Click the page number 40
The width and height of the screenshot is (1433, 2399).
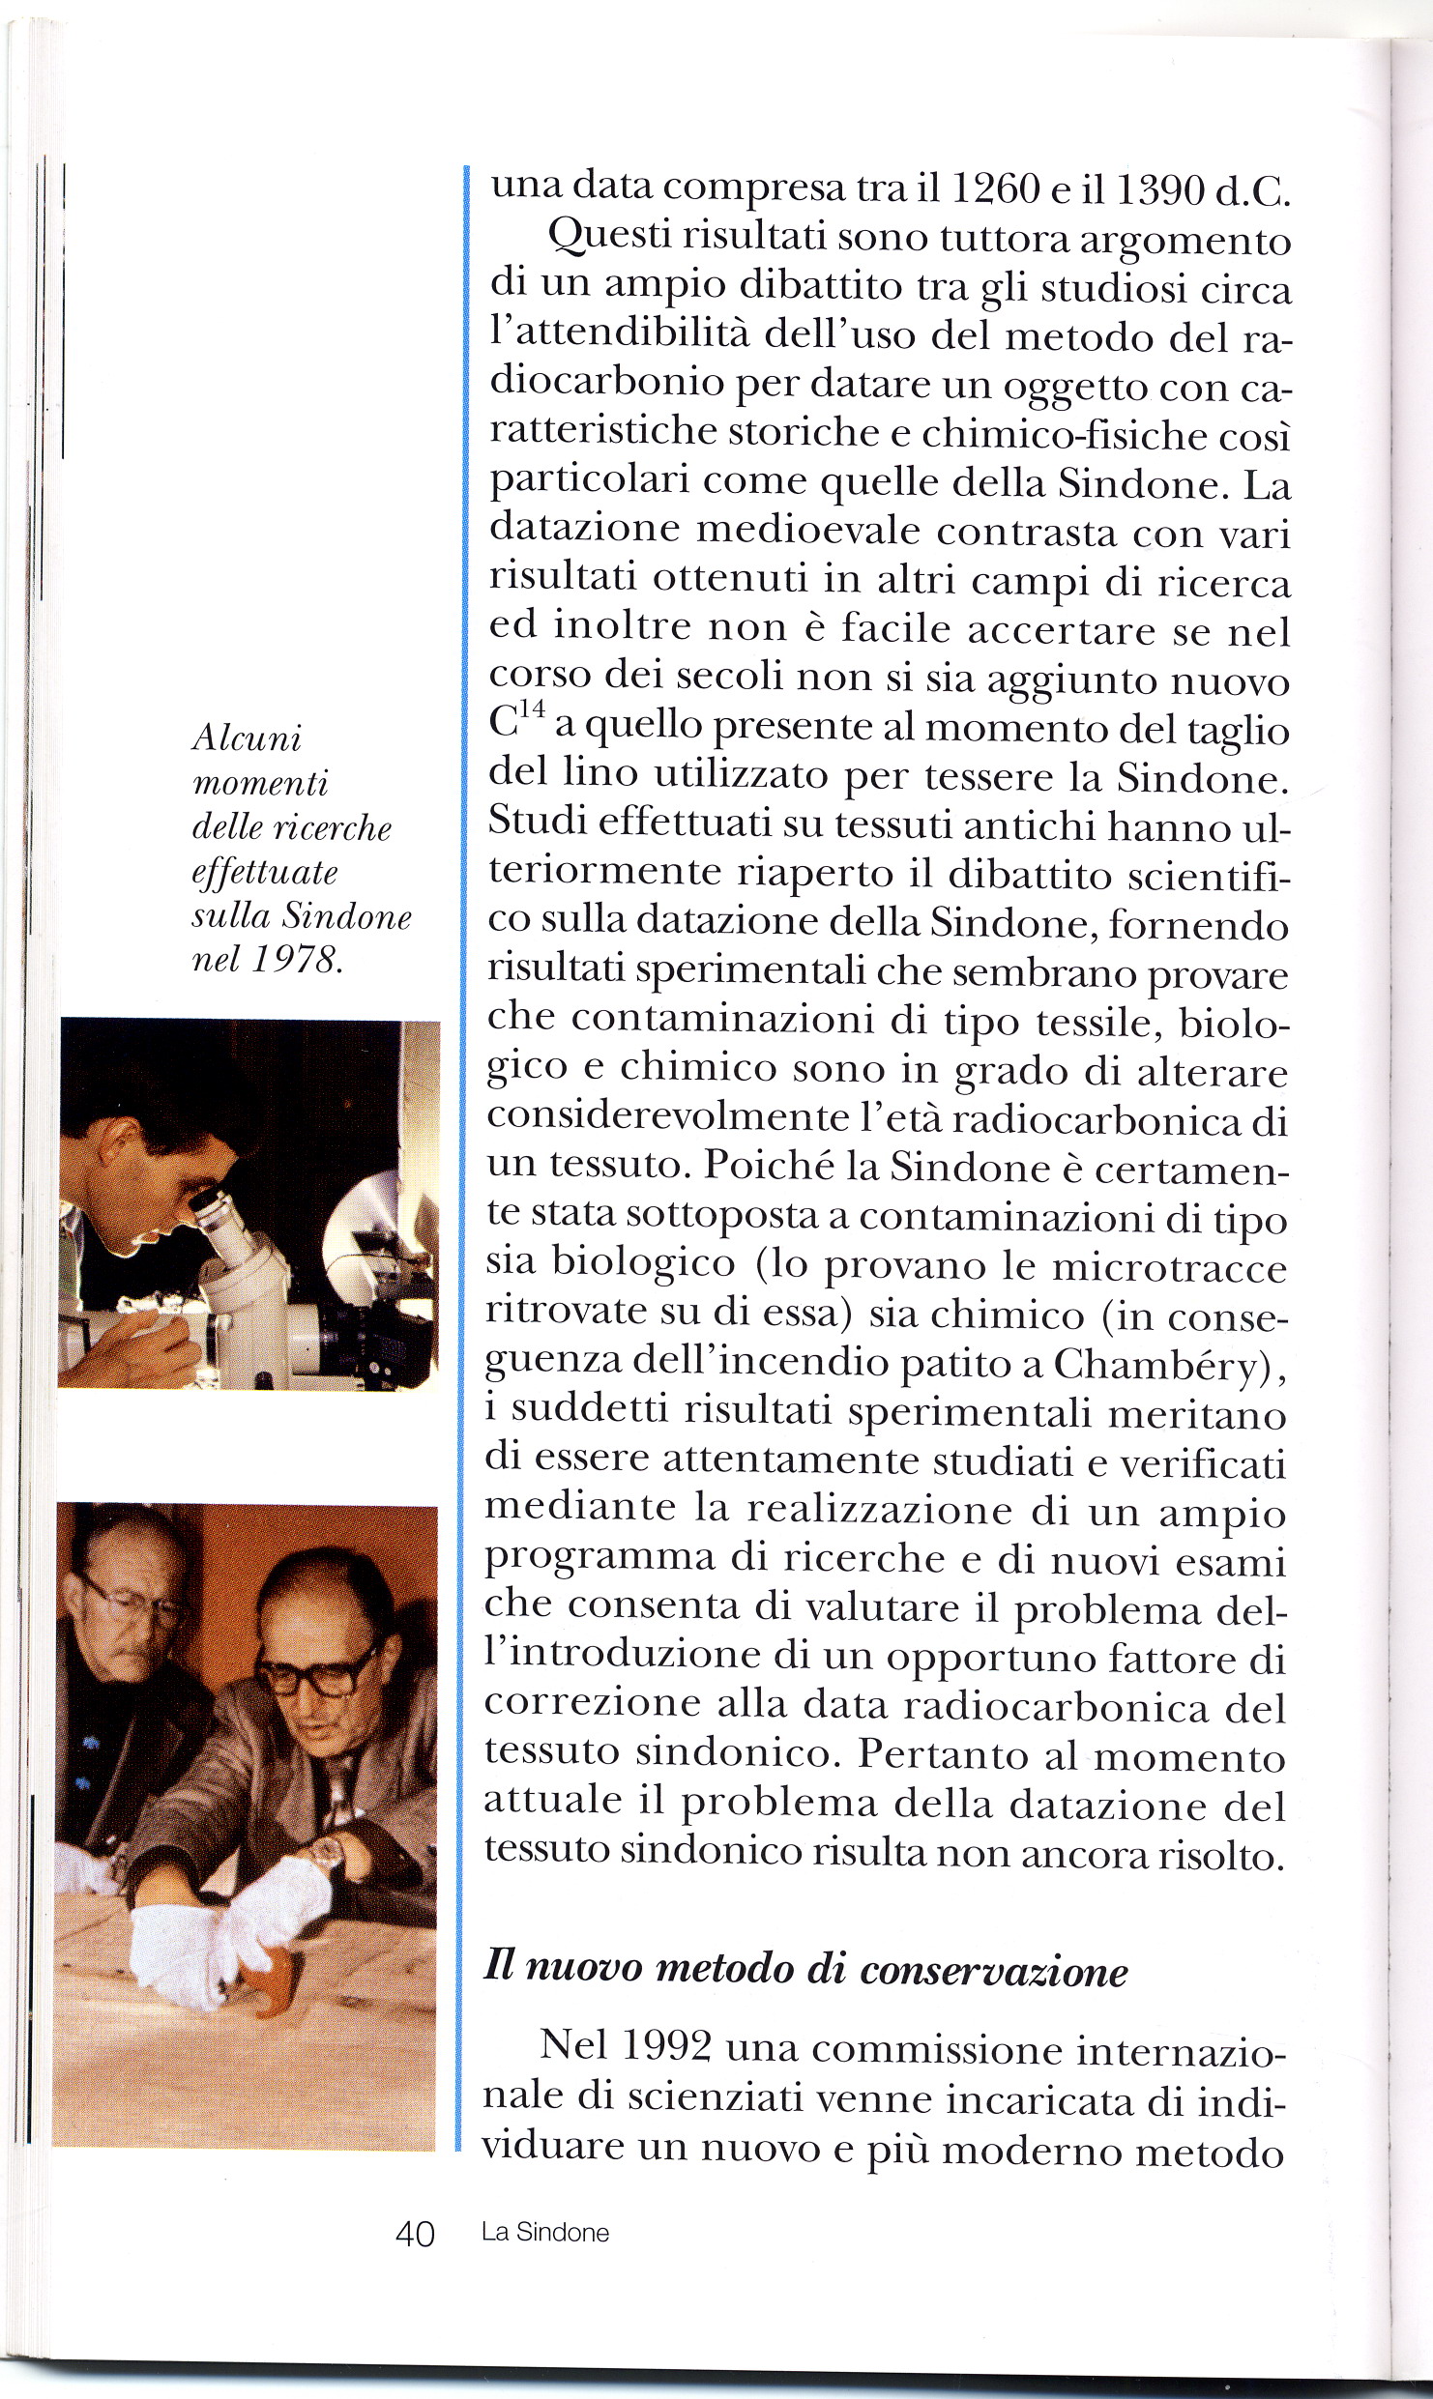(x=416, y=2234)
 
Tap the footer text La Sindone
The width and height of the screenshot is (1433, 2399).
(x=545, y=2233)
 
